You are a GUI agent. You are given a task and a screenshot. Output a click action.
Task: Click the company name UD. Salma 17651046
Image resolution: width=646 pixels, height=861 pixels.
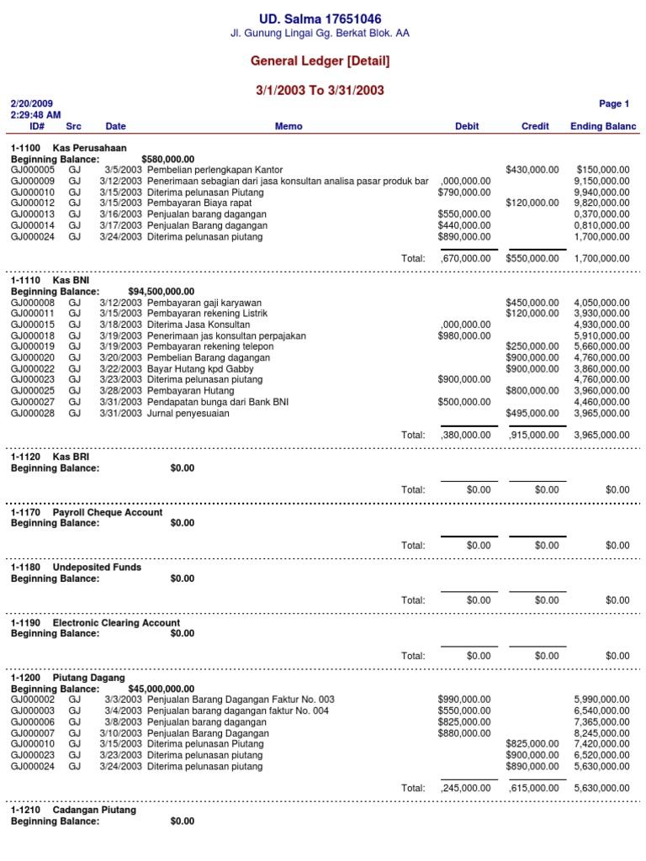[x=320, y=18]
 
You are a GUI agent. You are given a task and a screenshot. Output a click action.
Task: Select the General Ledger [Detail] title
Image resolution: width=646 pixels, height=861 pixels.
[x=320, y=61]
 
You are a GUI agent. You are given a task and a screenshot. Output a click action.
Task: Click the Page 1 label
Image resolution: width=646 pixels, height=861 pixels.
[x=613, y=104]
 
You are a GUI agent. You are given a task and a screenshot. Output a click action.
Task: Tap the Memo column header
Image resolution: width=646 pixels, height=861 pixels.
[x=288, y=126]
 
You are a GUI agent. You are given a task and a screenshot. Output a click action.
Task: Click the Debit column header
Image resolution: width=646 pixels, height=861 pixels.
[x=467, y=126]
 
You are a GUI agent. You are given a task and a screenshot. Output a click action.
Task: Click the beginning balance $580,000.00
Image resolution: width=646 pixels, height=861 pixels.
[x=168, y=159]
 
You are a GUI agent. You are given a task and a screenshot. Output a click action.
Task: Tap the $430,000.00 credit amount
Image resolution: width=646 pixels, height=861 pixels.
[x=532, y=170]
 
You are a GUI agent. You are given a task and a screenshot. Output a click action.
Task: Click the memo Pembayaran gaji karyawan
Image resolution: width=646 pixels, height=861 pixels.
[x=204, y=303]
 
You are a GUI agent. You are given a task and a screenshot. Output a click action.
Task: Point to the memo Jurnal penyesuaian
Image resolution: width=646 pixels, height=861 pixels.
[x=188, y=413]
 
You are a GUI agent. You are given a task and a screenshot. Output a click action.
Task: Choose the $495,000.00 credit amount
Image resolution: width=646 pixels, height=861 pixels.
[x=532, y=413]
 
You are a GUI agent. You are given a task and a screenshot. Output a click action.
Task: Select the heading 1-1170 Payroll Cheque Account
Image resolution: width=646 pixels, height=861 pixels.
[x=87, y=512]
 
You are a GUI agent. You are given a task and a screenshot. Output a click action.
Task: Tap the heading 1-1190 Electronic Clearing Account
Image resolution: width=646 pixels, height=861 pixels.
[x=95, y=623]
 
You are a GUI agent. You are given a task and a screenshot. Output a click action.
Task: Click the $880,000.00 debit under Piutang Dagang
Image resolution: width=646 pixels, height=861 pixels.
[x=464, y=732]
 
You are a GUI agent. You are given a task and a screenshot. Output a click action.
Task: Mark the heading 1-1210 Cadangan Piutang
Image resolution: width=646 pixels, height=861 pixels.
[x=73, y=811]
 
